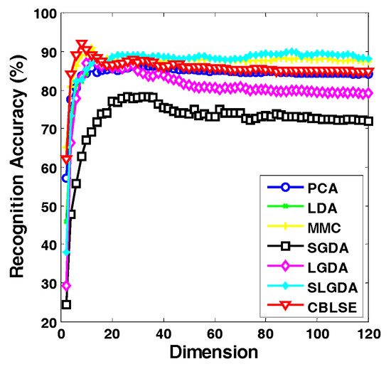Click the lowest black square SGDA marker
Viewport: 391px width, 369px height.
click(x=66, y=304)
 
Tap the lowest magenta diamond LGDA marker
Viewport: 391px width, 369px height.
click(x=66, y=286)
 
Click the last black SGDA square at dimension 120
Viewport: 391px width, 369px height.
click(x=368, y=121)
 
